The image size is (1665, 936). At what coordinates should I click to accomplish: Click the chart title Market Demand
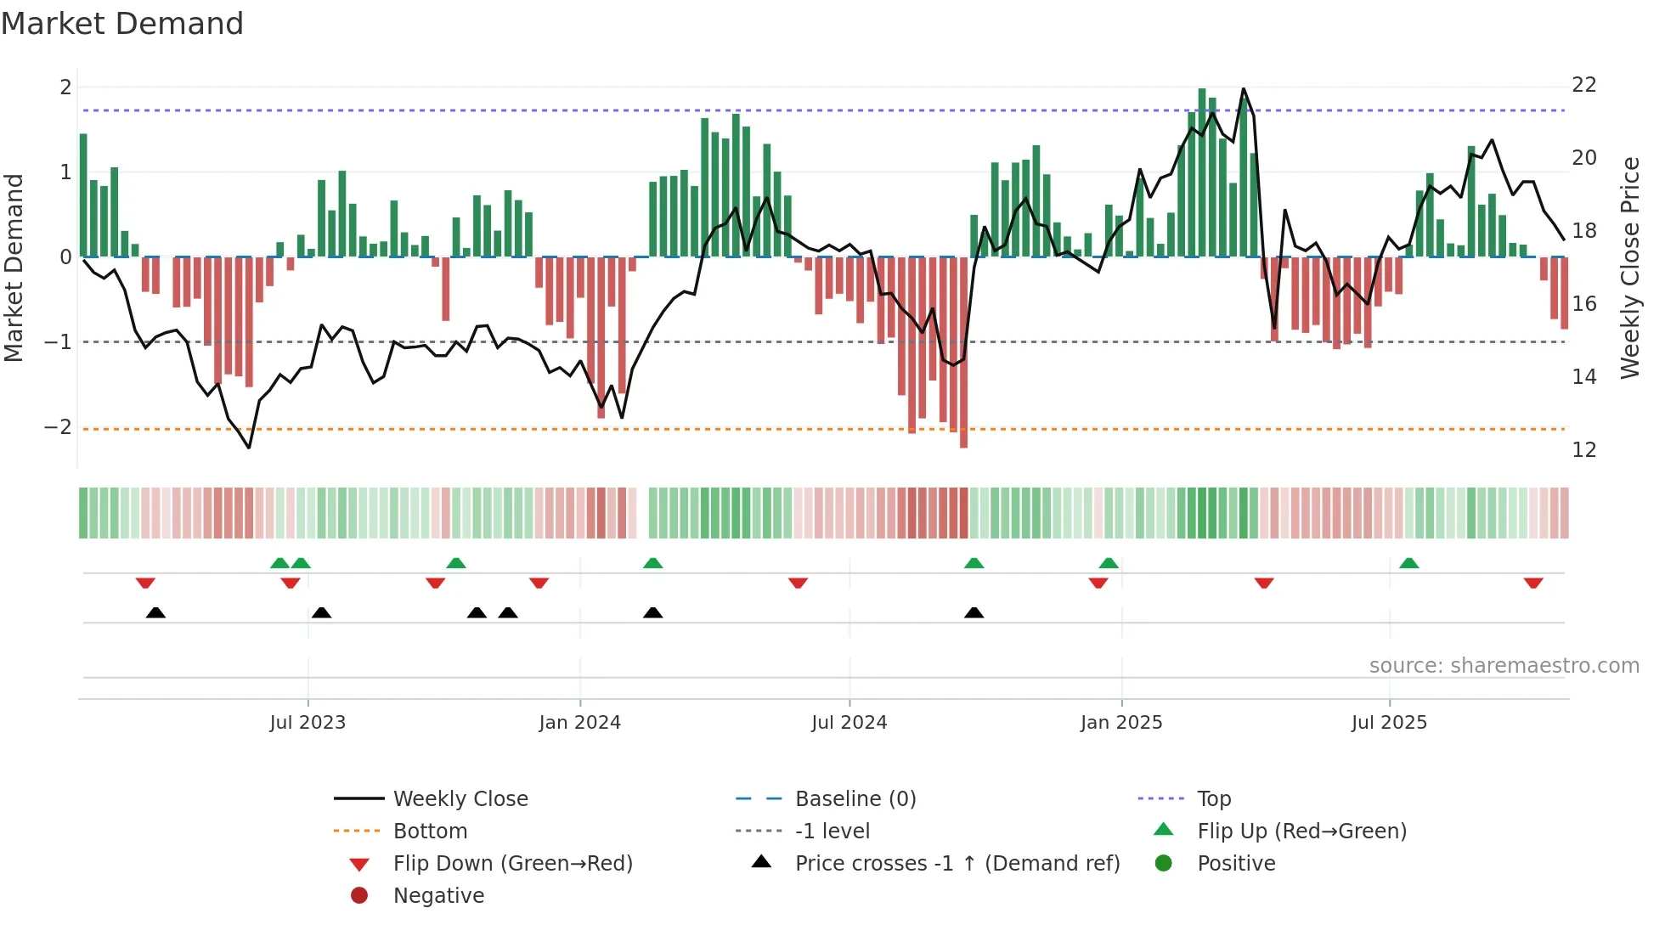click(122, 24)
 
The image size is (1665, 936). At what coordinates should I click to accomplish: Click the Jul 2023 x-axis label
click(308, 723)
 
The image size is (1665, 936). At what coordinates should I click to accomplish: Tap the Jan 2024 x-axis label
click(580, 723)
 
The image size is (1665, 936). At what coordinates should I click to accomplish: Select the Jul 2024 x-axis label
click(849, 723)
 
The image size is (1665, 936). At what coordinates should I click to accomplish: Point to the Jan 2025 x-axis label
click(1121, 723)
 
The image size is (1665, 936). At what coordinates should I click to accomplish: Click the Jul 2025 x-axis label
click(1389, 723)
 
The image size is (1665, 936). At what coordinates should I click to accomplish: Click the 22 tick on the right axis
click(1584, 85)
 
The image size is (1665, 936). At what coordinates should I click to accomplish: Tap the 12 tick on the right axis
click(1584, 450)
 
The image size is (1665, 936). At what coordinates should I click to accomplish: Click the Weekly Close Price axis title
click(1629, 268)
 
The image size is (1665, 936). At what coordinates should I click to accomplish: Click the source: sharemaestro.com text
click(1504, 666)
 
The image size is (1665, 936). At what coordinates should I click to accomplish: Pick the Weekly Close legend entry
click(460, 799)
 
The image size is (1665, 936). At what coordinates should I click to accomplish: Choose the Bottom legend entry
click(430, 832)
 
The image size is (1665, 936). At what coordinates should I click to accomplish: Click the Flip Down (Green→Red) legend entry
click(512, 864)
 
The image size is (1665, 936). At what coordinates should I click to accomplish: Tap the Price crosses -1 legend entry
click(957, 864)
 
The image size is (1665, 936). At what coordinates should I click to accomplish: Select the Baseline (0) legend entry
click(855, 799)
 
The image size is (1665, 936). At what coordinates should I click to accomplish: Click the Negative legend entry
click(438, 896)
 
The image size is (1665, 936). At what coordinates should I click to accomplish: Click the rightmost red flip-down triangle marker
click(1533, 583)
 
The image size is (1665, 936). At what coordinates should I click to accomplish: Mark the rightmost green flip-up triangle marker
click(1409, 563)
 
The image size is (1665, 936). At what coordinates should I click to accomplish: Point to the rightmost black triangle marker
click(974, 612)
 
